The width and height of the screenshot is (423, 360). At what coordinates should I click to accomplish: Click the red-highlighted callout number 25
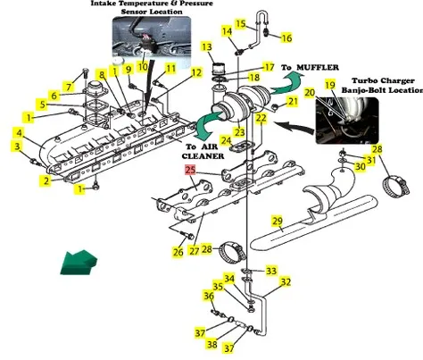[x=191, y=170]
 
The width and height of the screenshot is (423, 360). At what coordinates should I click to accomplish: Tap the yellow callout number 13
[x=207, y=46]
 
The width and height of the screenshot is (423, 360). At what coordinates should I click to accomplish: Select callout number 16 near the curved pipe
[x=286, y=38]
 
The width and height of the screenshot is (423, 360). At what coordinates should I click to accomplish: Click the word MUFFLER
[x=318, y=68]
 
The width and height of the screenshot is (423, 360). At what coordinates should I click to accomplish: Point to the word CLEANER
[x=203, y=156]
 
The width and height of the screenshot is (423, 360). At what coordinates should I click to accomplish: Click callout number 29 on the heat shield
[x=278, y=222]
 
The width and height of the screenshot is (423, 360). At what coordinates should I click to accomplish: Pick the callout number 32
[x=286, y=282]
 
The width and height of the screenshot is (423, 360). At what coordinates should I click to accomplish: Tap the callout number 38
[x=212, y=345]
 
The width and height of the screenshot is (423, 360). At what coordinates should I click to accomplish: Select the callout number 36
[x=209, y=297]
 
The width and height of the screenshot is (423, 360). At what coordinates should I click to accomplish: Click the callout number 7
[x=69, y=87]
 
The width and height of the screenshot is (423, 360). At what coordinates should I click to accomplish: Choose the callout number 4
[x=19, y=132]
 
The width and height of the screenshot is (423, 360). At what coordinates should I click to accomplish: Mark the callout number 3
[x=17, y=147]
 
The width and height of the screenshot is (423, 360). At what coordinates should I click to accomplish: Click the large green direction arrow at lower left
[x=79, y=263]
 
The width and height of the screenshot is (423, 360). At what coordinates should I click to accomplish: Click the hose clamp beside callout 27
[x=233, y=253]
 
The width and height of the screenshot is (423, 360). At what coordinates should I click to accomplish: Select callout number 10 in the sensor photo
[x=143, y=66]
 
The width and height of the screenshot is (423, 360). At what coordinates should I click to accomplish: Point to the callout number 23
[x=240, y=132]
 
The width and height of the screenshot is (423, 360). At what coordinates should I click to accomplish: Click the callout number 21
[x=293, y=102]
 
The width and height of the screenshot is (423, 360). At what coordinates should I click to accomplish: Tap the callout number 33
[x=271, y=271]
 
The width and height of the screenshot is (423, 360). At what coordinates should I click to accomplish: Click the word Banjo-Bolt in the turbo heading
[x=361, y=90]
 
